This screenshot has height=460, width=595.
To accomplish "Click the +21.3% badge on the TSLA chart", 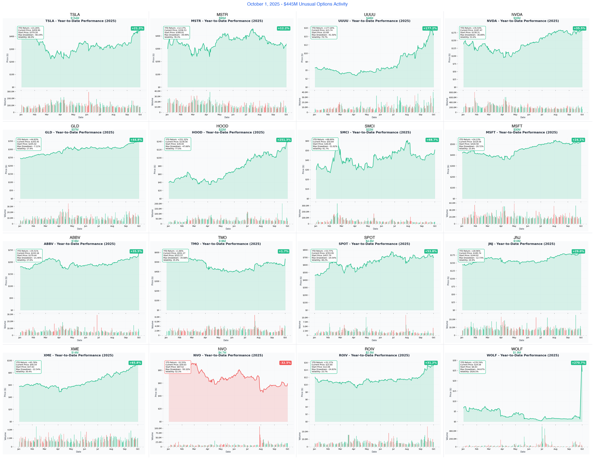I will coord(137,28).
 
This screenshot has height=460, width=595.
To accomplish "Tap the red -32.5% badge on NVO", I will coord(285,363).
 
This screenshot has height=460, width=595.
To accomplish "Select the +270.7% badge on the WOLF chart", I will coord(578,363).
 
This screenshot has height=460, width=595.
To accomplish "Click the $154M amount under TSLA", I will coord(75,18).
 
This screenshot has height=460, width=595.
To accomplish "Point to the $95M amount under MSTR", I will coord(222,18).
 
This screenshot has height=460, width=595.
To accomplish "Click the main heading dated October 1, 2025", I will coord(297,4).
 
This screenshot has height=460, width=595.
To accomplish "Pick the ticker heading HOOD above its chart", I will coord(222,126).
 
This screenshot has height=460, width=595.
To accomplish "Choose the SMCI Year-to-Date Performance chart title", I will coord(375,132).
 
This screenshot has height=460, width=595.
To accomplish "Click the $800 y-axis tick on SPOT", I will coord(305,250).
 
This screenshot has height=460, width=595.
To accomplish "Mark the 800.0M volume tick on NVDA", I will coord(453,93).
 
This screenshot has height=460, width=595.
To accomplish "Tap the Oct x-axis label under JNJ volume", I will coord(581,338).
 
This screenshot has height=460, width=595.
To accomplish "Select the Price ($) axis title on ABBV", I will coord(6,281).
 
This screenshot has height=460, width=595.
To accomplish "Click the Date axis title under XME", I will coord(79,452).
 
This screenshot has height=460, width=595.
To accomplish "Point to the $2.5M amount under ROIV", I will coord(369,353).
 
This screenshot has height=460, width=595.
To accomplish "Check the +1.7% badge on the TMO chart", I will coord(284,251).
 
